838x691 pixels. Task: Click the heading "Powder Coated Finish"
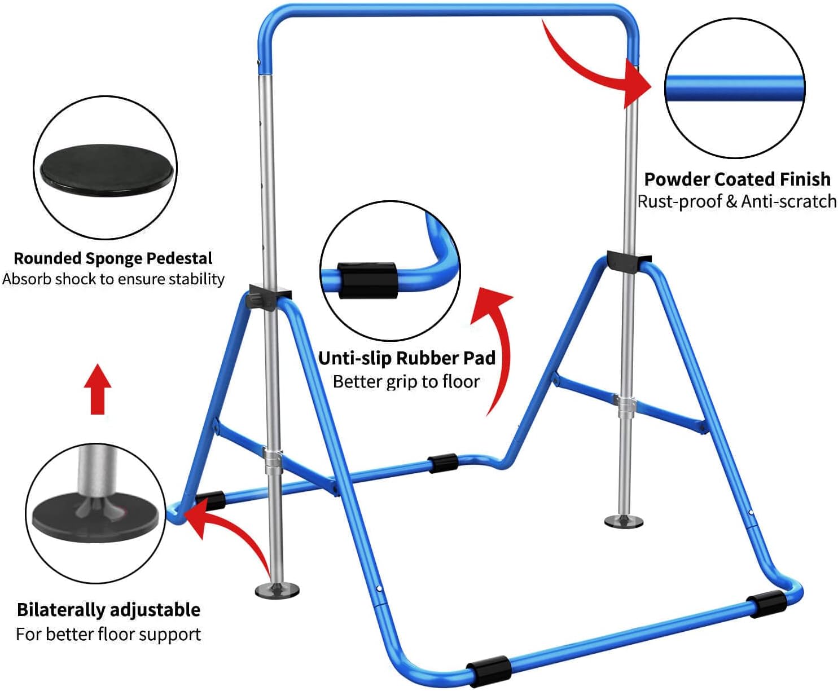tap(737, 179)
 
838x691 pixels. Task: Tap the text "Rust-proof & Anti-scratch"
tap(737, 201)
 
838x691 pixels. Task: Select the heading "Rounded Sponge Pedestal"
tap(113, 258)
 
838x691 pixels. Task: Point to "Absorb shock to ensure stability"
tap(113, 279)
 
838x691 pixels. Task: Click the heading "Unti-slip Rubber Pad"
tap(407, 358)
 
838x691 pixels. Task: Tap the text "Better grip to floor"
tap(406, 382)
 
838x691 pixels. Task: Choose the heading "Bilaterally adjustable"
tap(108, 610)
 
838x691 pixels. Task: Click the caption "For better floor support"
tap(108, 635)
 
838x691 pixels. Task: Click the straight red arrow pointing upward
tap(98, 389)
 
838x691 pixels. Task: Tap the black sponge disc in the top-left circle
tap(105, 167)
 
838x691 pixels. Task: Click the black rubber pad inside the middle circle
tap(367, 280)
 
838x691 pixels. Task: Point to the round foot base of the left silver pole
tap(277, 590)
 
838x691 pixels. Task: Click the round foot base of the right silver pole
tap(624, 521)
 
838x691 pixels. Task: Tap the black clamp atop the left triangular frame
tap(270, 297)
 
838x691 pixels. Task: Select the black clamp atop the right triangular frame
tap(628, 261)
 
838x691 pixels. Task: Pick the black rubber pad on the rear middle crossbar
tap(443, 463)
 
